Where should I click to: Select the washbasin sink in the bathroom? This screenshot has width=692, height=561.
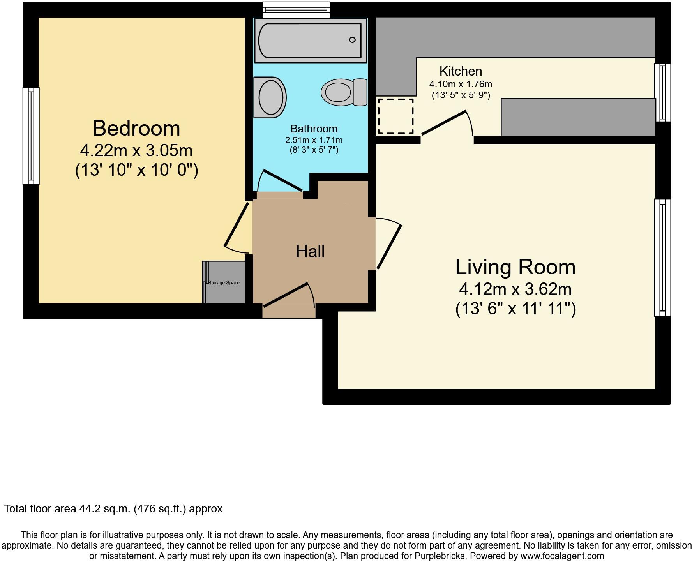[x=270, y=97]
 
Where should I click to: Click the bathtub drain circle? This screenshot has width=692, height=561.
[x=352, y=40]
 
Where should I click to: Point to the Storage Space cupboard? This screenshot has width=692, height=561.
[x=224, y=283]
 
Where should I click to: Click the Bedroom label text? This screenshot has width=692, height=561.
[x=136, y=128]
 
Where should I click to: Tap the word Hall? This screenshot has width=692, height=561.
[x=310, y=251]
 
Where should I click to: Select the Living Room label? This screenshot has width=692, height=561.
[x=515, y=267]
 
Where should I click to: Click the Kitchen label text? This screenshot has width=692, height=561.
[x=461, y=71]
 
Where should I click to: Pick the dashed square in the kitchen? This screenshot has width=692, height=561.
[x=395, y=116]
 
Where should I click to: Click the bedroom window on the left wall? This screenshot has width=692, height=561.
[x=31, y=136]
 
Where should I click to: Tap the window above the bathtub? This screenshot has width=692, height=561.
[x=296, y=10]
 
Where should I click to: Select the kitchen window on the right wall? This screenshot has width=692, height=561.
[x=663, y=92]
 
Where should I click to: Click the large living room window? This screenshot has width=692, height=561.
[x=662, y=258]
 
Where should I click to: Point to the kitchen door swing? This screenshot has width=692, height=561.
[x=444, y=123]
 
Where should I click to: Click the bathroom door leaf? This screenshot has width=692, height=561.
[x=283, y=180]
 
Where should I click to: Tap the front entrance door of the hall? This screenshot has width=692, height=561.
[x=286, y=295]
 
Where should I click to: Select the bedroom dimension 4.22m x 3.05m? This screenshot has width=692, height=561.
[x=136, y=150]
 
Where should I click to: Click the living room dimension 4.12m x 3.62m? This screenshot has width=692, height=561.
[x=515, y=289]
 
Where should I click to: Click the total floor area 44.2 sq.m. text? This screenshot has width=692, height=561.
[x=113, y=509]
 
